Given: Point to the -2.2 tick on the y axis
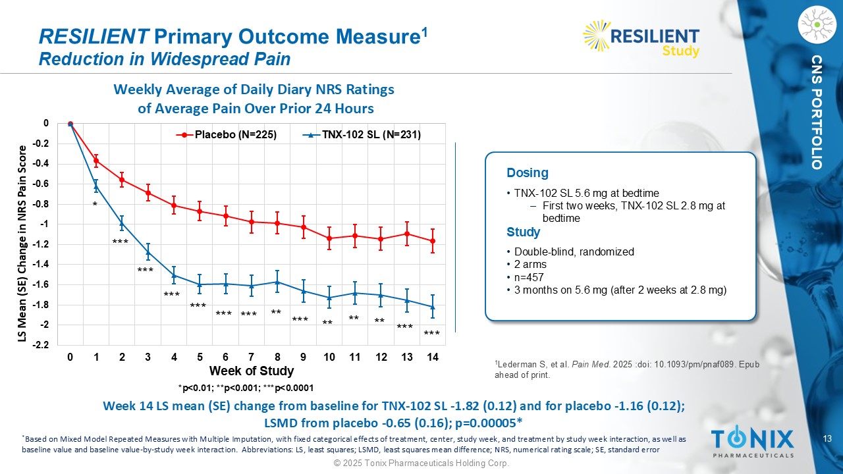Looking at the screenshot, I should click(x=41, y=345).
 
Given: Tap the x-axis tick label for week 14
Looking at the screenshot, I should click(x=432, y=357).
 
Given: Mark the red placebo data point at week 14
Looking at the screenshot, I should click(x=432, y=241).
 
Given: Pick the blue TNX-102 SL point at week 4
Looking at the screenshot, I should click(x=174, y=275).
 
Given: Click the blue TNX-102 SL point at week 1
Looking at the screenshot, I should click(x=96, y=186).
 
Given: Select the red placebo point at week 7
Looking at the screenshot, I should click(x=252, y=222).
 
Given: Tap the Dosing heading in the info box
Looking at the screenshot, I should click(x=527, y=173).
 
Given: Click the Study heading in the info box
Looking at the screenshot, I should click(x=523, y=232).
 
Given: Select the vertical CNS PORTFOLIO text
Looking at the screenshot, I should click(x=817, y=113).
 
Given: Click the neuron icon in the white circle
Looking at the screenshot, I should click(x=817, y=24).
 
